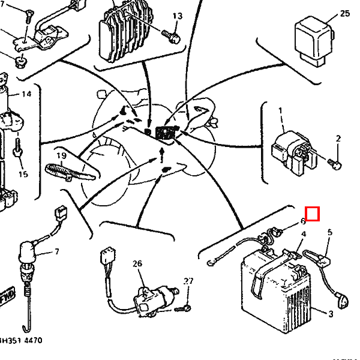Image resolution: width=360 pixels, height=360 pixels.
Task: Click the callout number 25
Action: coord(344,13)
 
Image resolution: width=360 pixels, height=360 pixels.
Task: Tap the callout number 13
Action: coord(177,16)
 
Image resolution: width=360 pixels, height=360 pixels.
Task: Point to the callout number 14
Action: coord(26,94)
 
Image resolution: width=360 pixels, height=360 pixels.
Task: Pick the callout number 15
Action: coord(23,174)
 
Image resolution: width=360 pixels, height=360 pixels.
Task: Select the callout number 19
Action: coord(61,156)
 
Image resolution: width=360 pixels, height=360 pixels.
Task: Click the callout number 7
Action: coord(57,251)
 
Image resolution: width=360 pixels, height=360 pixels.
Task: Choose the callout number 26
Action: coord(138,263)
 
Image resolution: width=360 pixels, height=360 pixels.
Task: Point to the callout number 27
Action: coord(188,281)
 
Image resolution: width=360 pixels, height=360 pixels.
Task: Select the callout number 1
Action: coord(280,111)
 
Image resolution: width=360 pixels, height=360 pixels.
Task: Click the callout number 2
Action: coord(338,139)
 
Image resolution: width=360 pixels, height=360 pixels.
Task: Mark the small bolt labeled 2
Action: coord(336,162)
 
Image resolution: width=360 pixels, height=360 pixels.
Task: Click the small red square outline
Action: coord(313,213)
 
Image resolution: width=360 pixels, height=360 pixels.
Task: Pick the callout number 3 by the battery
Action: coord(331,313)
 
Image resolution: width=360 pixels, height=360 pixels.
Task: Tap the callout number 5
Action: coord(329,232)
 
